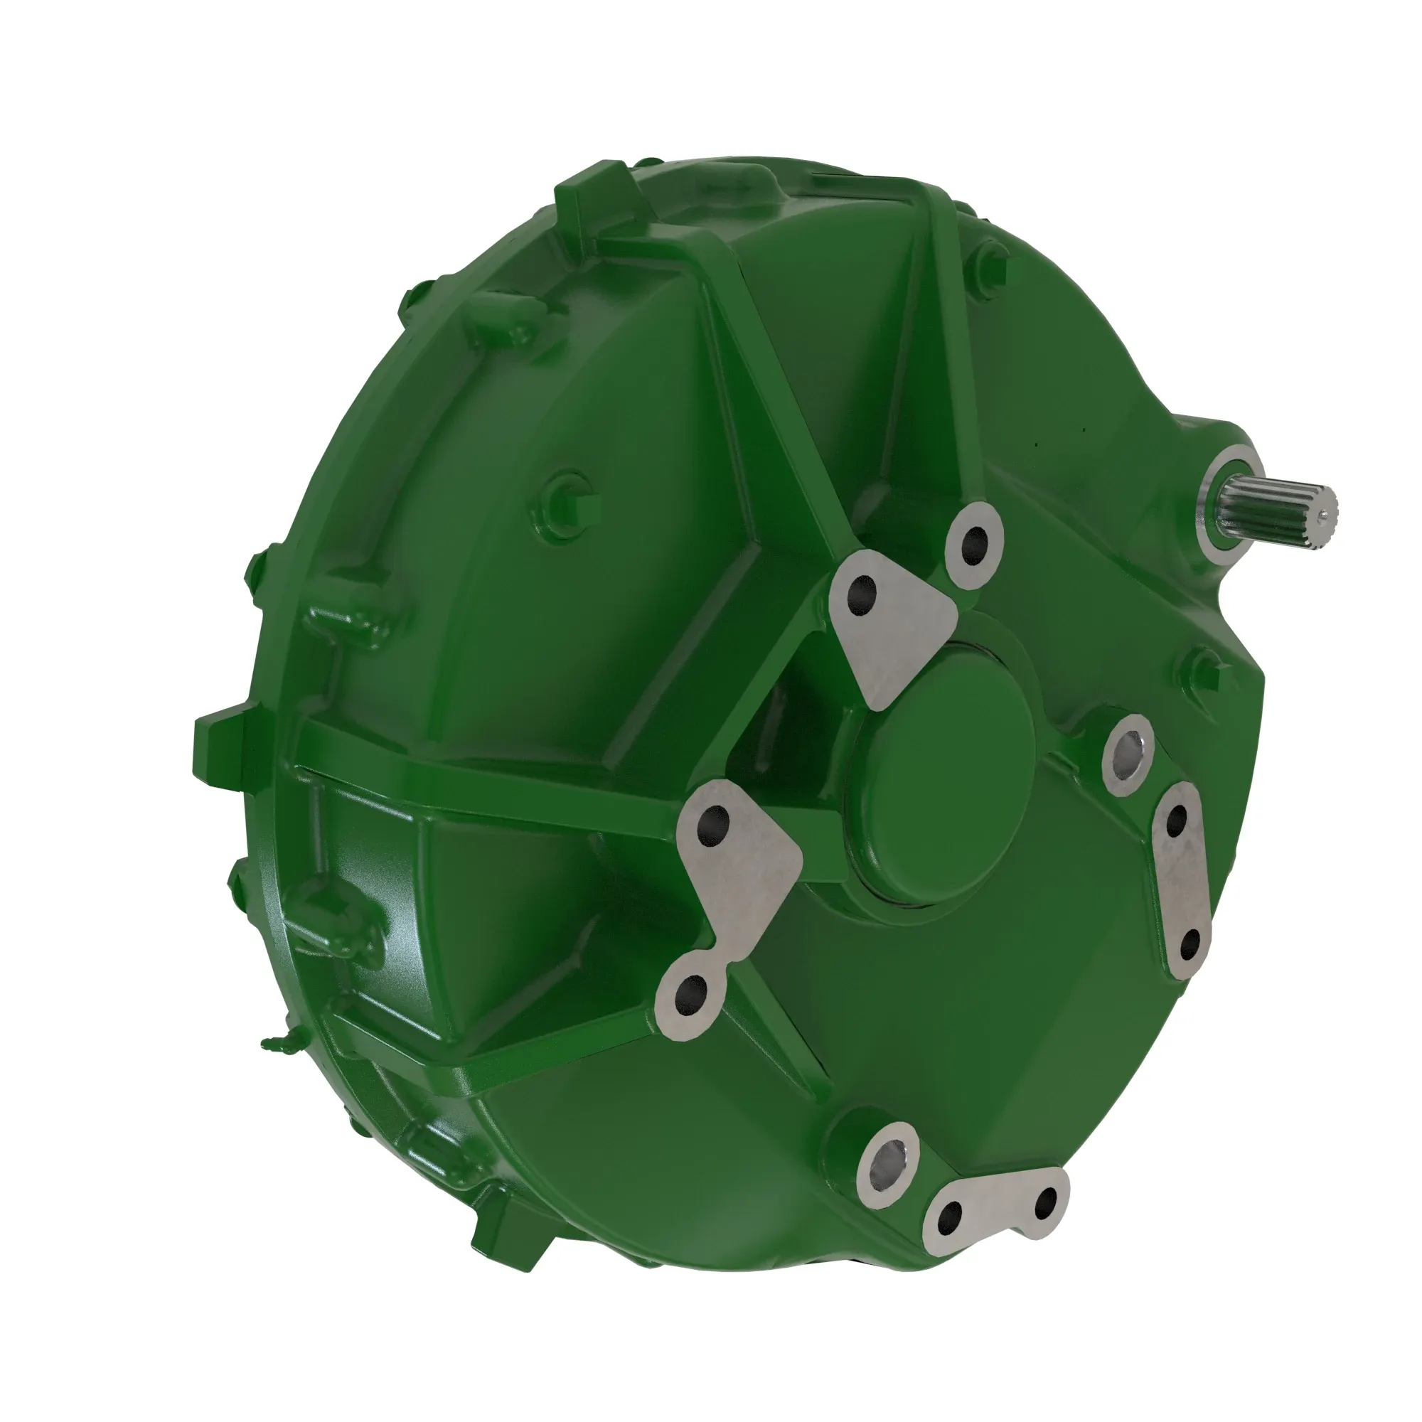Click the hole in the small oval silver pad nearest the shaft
(x=975, y=542)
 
